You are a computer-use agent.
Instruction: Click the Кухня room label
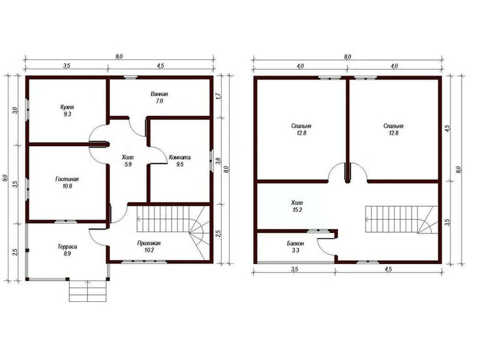pyautogui.click(x=67, y=107)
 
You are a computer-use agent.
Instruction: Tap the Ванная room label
pyautogui.click(x=159, y=94)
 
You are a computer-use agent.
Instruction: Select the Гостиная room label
pyautogui.click(x=67, y=179)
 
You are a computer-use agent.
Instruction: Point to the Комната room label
pyautogui.click(x=180, y=157)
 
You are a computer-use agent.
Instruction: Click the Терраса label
pyautogui.click(x=67, y=247)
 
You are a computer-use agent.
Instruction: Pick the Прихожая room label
pyautogui.click(x=149, y=243)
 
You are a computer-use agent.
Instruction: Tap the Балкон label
pyautogui.click(x=295, y=244)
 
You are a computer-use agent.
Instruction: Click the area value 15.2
pyautogui.click(x=297, y=210)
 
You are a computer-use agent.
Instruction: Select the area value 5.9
pyautogui.click(x=128, y=164)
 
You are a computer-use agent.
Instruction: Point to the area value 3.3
pyautogui.click(x=295, y=250)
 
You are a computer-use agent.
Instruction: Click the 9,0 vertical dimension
pyautogui.click(x=5, y=178)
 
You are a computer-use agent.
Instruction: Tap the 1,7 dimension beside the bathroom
pyautogui.click(x=218, y=97)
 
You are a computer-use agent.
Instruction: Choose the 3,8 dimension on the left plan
pyautogui.click(x=218, y=161)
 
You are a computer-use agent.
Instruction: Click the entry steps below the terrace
pyautogui.click(x=88, y=291)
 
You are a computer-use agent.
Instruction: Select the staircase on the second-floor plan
pyautogui.click(x=402, y=219)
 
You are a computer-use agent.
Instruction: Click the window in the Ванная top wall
pyautogui.click(x=130, y=78)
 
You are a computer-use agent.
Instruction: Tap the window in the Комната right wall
pyautogui.click(x=211, y=160)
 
